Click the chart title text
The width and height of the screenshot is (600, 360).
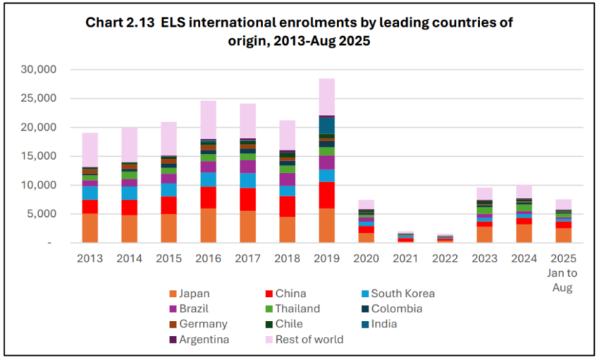(299, 31)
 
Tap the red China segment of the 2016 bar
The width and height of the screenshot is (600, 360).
(208, 197)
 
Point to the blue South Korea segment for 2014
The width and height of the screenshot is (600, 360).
(129, 193)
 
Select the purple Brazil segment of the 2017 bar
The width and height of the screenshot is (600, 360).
(248, 166)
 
